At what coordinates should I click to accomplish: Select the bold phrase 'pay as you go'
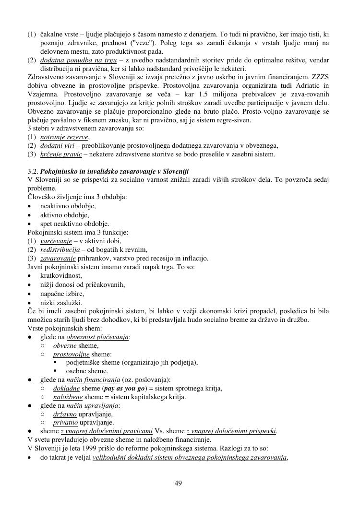(x=124, y=388)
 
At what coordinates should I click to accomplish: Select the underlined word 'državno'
(x=65, y=414)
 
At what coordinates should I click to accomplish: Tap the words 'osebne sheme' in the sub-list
(x=87, y=371)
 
